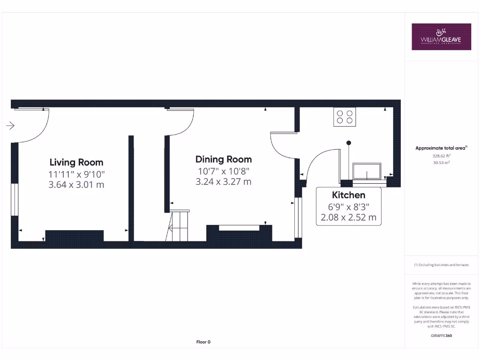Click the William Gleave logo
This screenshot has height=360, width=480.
[x=441, y=37]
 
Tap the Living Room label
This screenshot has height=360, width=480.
[x=76, y=163]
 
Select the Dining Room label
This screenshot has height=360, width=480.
[x=224, y=159]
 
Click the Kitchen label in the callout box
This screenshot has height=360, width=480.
[x=348, y=195]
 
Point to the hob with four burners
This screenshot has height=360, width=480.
[x=345, y=117]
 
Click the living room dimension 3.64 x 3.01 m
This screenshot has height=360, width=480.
[x=76, y=185]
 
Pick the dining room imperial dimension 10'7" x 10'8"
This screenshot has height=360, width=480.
[x=224, y=171]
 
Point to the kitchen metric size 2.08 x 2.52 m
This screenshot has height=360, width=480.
[x=348, y=217]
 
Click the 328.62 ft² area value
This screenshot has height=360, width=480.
[x=441, y=156]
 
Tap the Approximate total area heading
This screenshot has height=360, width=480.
[x=441, y=148]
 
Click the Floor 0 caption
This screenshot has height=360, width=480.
[x=203, y=342]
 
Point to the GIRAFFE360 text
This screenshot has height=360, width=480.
[x=441, y=336]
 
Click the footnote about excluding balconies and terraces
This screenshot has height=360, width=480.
[x=441, y=265]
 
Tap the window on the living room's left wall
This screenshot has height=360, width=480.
[x=15, y=199]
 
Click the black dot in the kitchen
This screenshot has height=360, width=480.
[x=348, y=142]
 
